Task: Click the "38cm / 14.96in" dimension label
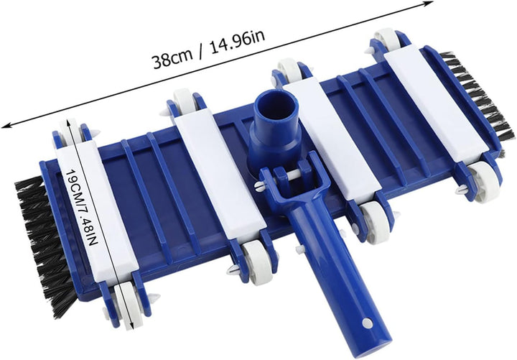tap(209, 50)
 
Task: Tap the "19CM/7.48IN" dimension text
tap(83, 207)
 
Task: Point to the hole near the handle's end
tap(367, 323)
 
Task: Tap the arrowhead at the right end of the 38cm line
tap(428, 4)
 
